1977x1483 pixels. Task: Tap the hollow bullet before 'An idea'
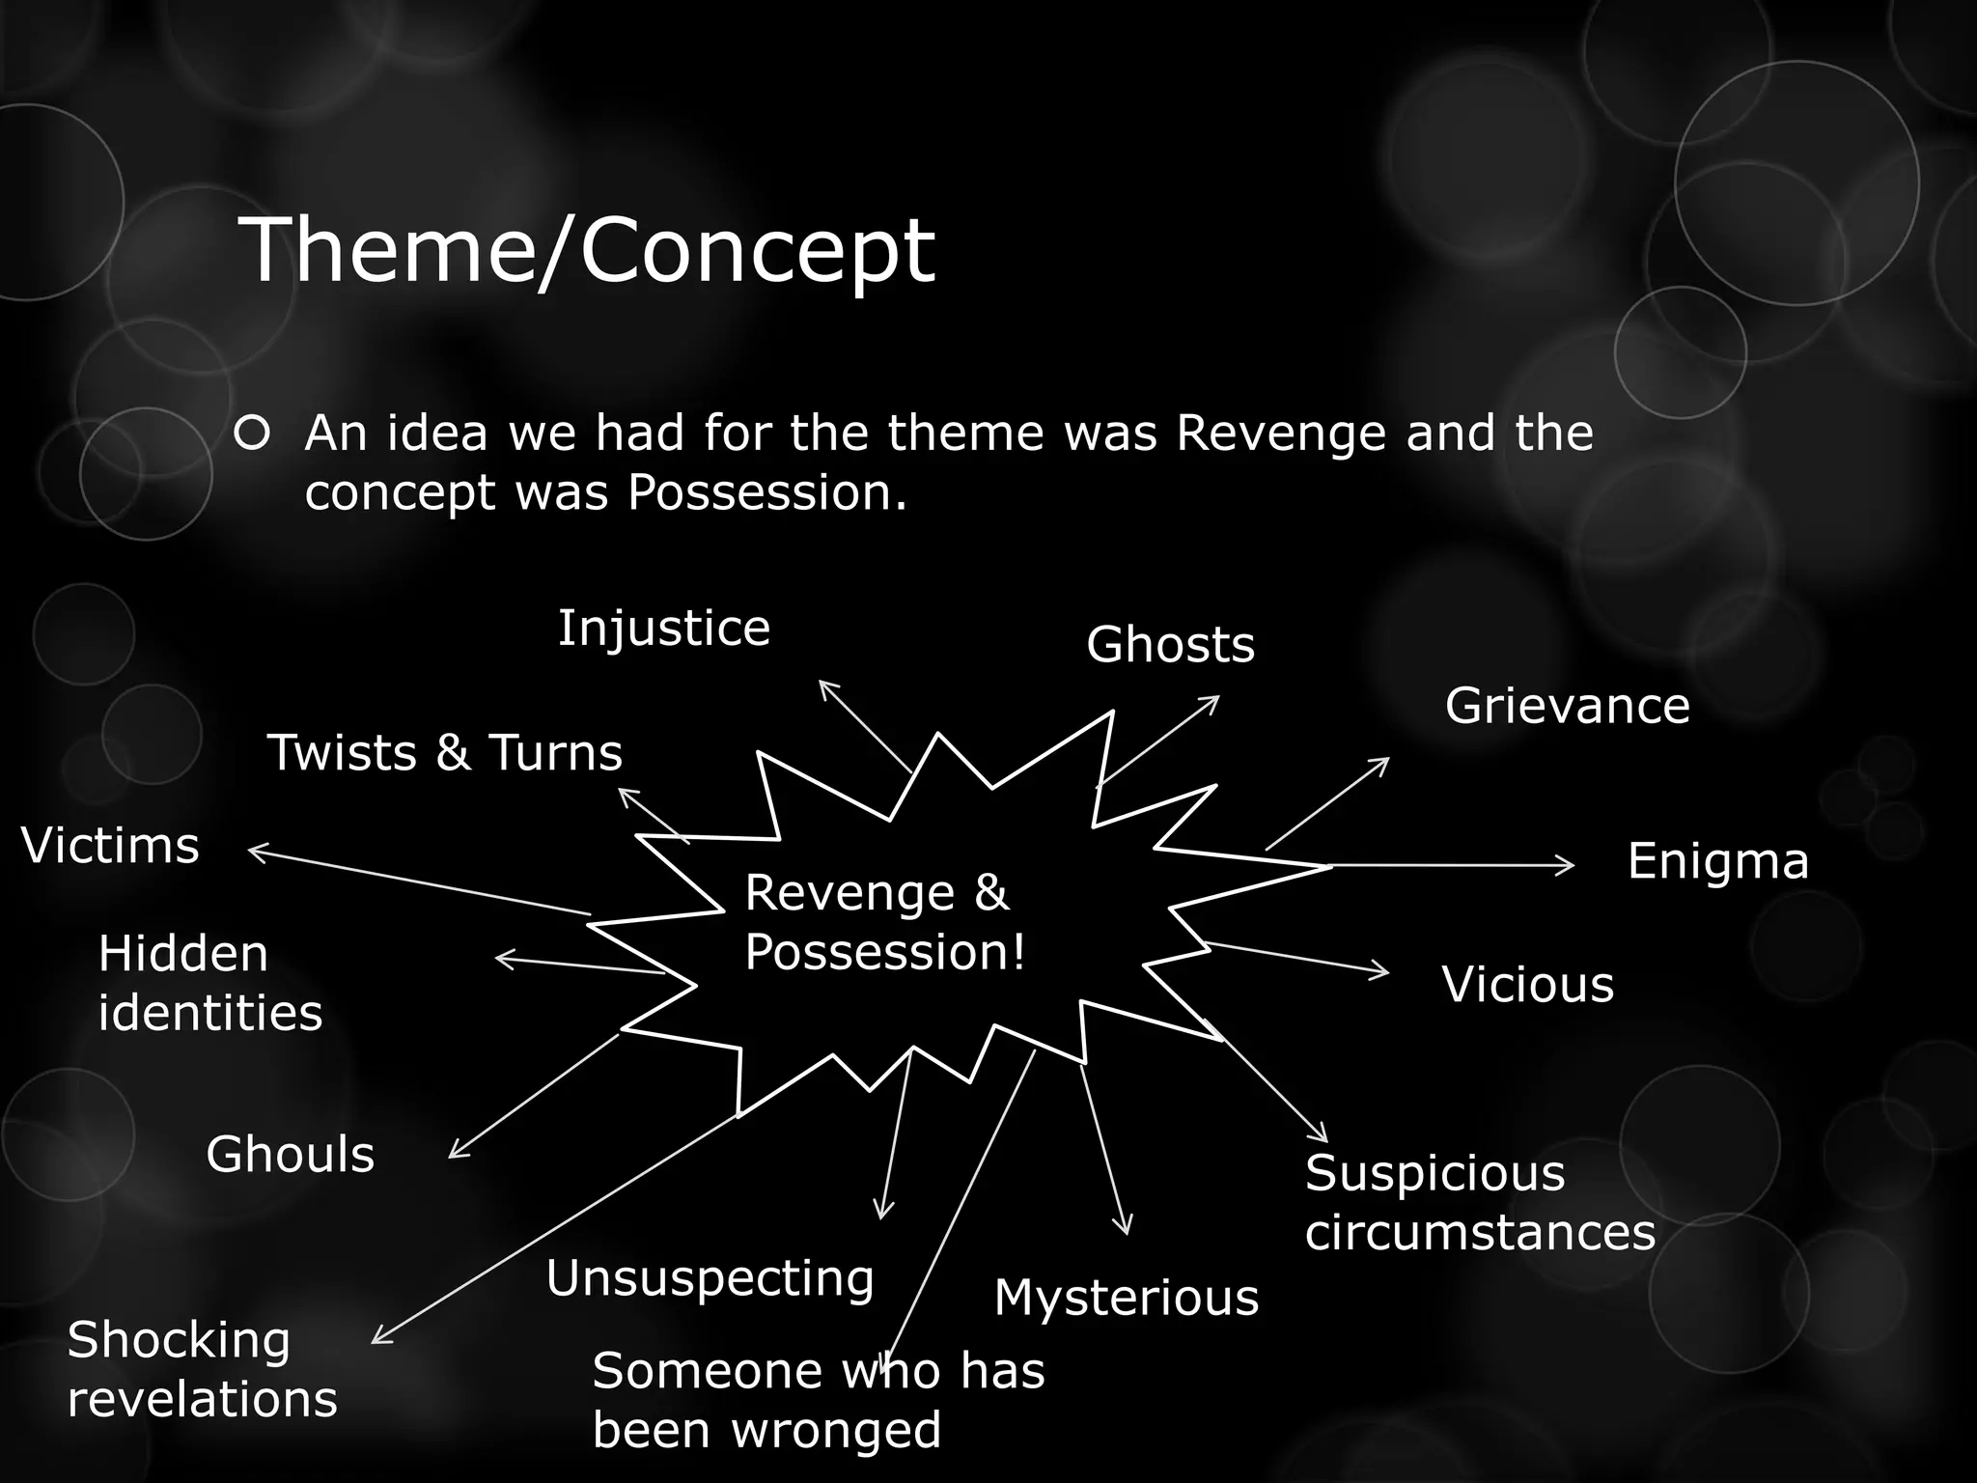252,434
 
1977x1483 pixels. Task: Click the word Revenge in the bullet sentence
1282,434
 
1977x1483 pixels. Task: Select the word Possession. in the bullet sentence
767,492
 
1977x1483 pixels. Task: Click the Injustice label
664,629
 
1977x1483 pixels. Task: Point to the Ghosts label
1170,645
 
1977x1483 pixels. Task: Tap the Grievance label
1567,706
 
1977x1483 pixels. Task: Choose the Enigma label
1717,861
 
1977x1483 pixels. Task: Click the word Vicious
1527,985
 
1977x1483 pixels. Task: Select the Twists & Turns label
445,753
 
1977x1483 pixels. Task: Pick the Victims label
110,847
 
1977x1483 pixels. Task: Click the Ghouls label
290,1155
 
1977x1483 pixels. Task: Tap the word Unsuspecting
710,1279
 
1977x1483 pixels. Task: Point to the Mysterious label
1127,1298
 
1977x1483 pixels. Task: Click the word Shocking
179,1341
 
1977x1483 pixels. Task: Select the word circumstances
1480,1233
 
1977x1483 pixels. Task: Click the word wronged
836,1431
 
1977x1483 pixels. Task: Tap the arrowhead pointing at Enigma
1567,866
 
